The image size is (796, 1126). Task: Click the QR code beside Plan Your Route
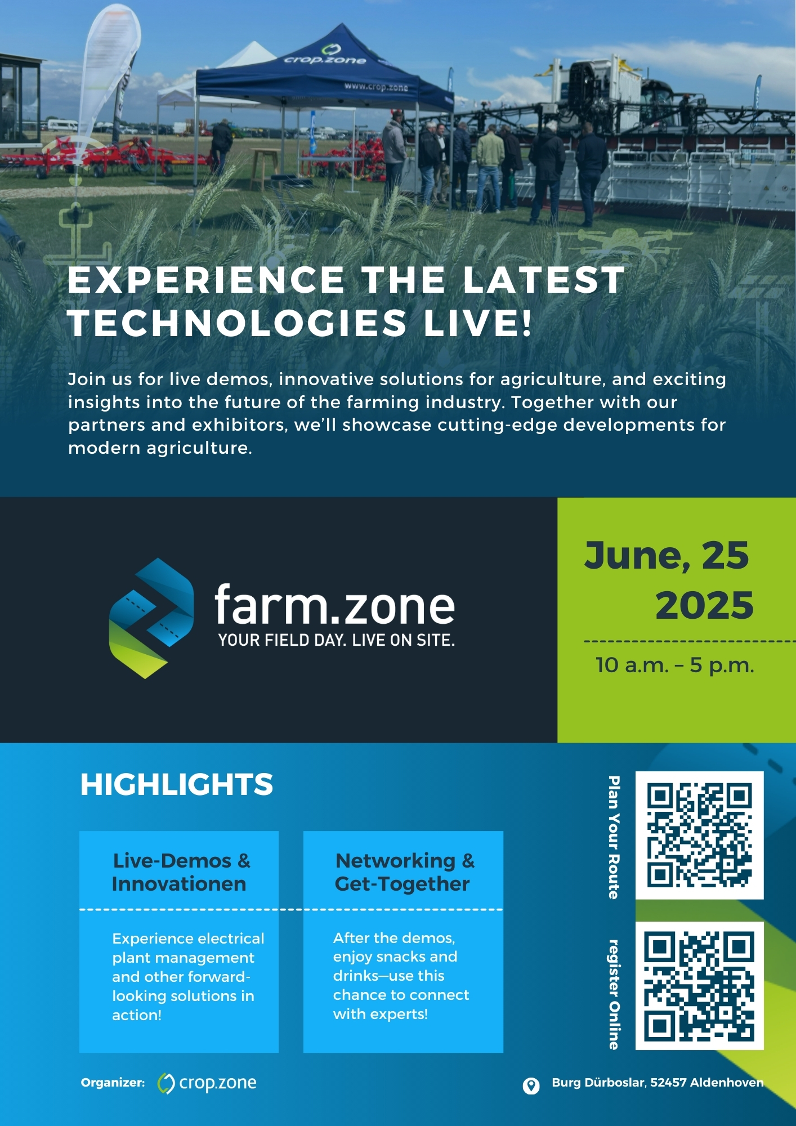[x=699, y=835]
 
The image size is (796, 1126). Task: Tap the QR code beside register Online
[x=699, y=986]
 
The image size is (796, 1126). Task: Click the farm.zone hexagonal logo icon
[x=151, y=618]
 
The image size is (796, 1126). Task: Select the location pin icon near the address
[x=531, y=1085]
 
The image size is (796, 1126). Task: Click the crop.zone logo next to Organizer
[x=207, y=1083]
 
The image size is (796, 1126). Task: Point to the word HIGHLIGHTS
[x=176, y=784]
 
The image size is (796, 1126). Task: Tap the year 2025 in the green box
[x=704, y=605]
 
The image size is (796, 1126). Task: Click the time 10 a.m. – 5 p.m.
[x=674, y=665]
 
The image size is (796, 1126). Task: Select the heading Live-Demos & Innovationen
[x=180, y=872]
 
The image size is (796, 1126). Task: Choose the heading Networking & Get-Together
[x=404, y=872]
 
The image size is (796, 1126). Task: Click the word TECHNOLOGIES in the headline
[x=237, y=323]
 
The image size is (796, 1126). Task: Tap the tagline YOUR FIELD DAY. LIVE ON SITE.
[x=337, y=640]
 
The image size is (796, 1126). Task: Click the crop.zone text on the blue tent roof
[x=325, y=60]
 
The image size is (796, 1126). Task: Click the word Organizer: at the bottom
[x=113, y=1083]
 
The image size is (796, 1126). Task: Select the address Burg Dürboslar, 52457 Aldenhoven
[x=658, y=1083]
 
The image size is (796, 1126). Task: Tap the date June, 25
[x=667, y=556]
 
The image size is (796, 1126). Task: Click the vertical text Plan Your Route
[x=614, y=837]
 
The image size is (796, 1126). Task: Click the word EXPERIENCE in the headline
[x=206, y=279]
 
